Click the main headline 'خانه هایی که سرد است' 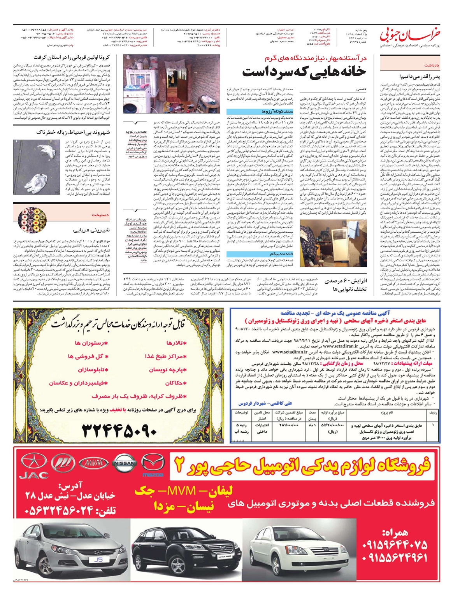pos(304,72)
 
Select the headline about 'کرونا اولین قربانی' pos(77,58)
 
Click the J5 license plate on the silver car pos(98,560)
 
